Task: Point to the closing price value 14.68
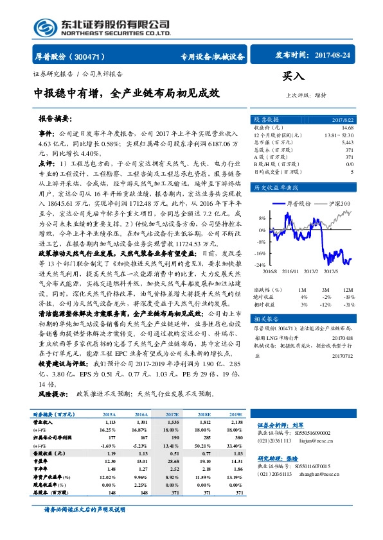tap(348, 128)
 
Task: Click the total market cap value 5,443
tap(347, 142)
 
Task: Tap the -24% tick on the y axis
tap(260, 264)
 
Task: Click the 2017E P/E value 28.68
tap(172, 460)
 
